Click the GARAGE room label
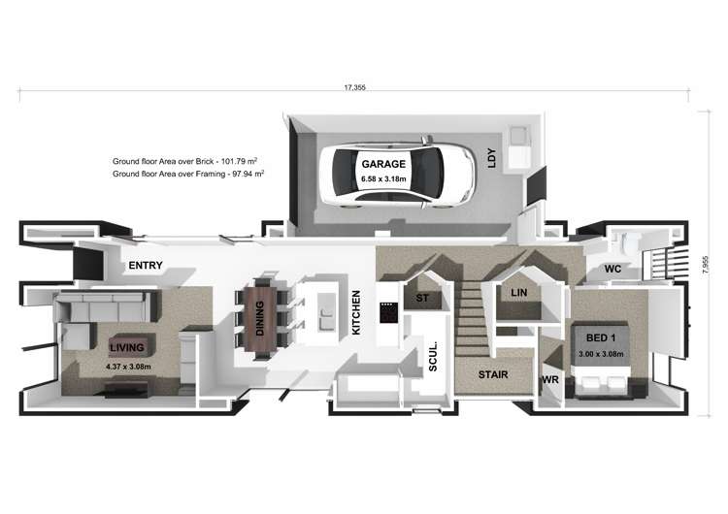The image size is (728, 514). tap(383, 165)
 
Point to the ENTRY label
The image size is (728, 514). tap(144, 266)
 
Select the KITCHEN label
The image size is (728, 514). tap(356, 312)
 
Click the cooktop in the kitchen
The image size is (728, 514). tap(388, 312)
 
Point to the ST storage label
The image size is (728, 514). tap(422, 299)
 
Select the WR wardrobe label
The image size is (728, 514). tap(549, 379)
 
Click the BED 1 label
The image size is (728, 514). tap(602, 337)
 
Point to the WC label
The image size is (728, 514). tap(612, 267)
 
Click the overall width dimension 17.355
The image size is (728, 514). tap(354, 88)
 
